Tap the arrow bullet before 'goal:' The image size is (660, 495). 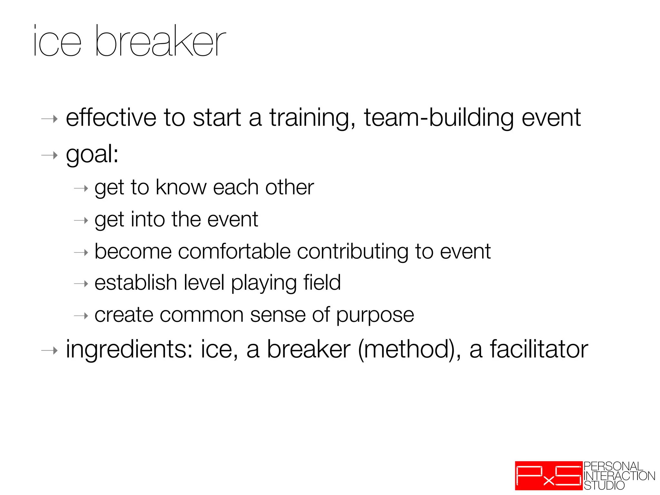[50, 156]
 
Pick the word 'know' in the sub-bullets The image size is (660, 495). [181, 187]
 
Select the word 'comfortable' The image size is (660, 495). [234, 251]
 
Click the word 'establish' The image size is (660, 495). [136, 283]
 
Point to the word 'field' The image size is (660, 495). [322, 283]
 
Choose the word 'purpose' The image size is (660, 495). [375, 315]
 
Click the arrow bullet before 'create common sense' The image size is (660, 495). [81, 316]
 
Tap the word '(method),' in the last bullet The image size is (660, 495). [410, 350]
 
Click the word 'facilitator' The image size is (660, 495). [539, 350]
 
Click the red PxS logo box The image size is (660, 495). [548, 476]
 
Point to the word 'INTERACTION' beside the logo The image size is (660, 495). [619, 476]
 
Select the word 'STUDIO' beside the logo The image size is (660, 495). [604, 485]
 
